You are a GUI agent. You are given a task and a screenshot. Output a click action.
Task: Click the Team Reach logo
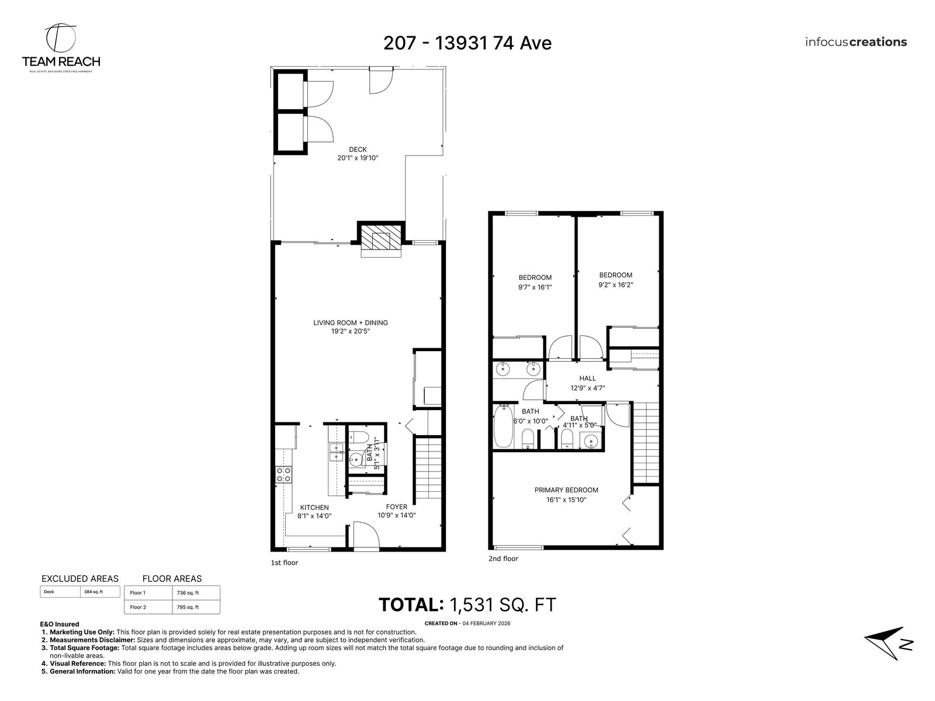point(61,48)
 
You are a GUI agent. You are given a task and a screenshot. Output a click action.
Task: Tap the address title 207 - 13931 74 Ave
point(467,43)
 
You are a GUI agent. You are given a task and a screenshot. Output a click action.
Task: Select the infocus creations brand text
point(856,42)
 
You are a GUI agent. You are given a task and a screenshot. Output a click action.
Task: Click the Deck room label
point(358,150)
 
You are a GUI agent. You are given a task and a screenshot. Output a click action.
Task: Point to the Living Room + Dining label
point(351,322)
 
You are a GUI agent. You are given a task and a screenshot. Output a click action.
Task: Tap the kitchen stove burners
point(283,474)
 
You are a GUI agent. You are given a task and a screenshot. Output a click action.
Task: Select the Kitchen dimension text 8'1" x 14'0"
point(314,516)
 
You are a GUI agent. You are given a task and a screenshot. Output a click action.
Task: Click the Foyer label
point(397,506)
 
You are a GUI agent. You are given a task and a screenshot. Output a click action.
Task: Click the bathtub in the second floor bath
point(503,426)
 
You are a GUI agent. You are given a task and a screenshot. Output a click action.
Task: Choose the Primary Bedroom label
point(566,490)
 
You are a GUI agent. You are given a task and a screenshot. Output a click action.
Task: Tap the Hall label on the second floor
point(587,378)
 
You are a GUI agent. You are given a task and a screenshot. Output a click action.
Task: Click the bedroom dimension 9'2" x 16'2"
point(615,284)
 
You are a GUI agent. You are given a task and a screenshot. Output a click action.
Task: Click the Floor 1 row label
point(137,592)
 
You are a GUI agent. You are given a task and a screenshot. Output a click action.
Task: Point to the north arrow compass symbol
point(889,643)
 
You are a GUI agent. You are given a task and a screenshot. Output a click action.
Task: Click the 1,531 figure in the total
point(471,605)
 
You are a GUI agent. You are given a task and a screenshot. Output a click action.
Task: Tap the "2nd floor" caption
point(503,558)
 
